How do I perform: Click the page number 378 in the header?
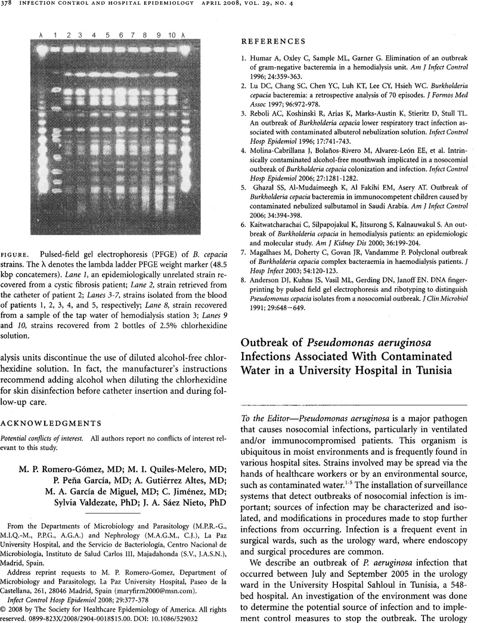point(12,8)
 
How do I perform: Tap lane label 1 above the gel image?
point(55,36)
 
